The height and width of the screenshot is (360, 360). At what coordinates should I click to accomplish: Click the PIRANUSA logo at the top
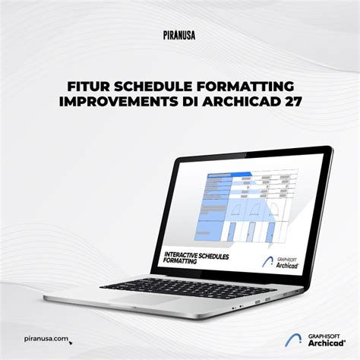(180, 33)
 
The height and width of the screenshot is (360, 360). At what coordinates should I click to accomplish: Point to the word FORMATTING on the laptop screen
(178, 260)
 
